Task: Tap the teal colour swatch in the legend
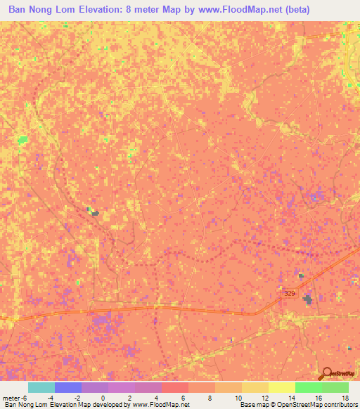click(41, 387)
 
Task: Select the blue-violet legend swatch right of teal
click(68, 387)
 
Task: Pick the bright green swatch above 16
click(309, 387)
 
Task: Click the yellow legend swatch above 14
click(282, 387)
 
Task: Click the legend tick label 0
click(103, 398)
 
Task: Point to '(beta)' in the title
click(293, 11)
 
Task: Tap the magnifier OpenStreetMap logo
click(327, 374)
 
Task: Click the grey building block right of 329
click(307, 300)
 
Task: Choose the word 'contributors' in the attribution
click(341, 405)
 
